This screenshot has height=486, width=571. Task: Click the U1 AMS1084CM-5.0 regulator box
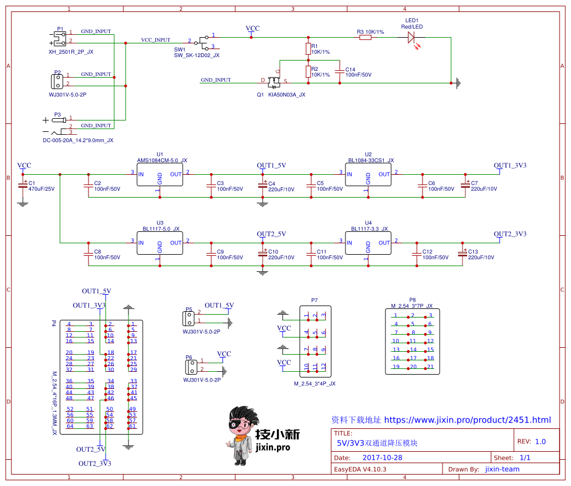point(160,174)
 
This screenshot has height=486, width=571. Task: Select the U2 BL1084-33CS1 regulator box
point(368,174)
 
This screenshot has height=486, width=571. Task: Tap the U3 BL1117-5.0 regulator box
point(160,243)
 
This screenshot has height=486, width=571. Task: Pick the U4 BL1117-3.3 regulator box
point(368,243)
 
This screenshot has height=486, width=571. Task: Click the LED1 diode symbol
point(411,37)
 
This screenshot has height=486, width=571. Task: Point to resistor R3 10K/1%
point(365,38)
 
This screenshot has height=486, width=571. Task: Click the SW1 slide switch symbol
point(202,41)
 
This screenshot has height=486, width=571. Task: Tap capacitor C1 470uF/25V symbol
point(23,185)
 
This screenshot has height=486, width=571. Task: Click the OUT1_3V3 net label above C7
point(510,166)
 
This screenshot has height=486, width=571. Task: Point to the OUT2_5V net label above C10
point(271,234)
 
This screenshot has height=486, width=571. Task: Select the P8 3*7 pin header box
point(413,342)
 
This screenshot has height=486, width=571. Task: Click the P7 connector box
point(315,342)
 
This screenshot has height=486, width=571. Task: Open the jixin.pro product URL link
point(467,420)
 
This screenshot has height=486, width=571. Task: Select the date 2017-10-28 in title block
point(383,458)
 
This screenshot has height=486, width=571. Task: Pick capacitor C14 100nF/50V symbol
point(340,71)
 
